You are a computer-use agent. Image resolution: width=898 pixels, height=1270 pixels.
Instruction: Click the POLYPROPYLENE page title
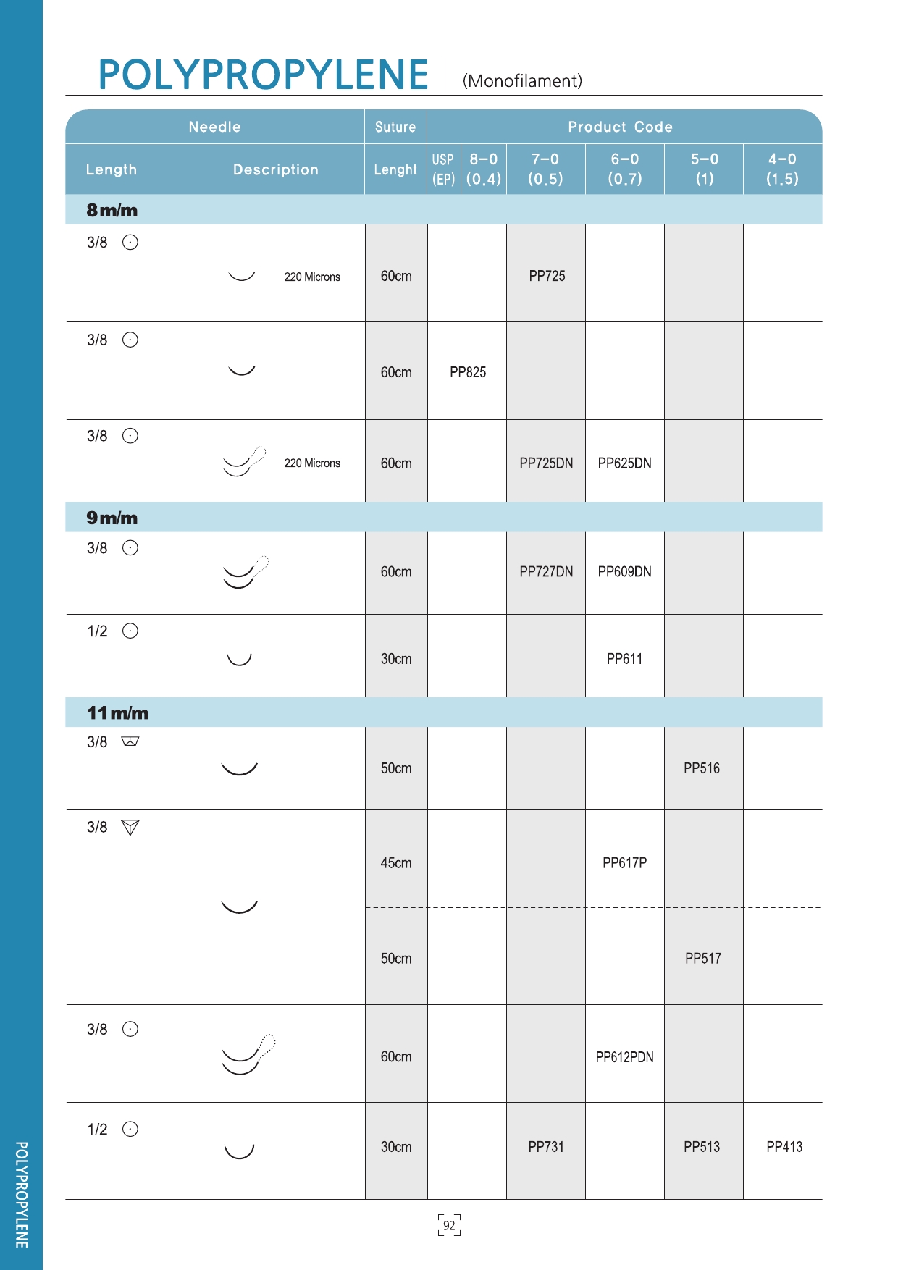coord(263,75)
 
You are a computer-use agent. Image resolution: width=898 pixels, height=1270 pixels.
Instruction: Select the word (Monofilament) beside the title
coord(522,81)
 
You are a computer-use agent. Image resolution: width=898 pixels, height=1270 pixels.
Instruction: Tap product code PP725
coord(547,276)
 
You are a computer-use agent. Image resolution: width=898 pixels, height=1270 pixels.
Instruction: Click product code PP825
coord(468,372)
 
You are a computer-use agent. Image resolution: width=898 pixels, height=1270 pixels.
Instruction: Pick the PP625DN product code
coord(624,463)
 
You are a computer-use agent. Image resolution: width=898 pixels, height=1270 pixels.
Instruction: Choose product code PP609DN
coord(624,572)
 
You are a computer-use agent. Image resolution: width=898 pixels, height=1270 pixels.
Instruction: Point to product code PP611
coord(624,659)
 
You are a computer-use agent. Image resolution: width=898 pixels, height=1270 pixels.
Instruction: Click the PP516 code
coord(702,768)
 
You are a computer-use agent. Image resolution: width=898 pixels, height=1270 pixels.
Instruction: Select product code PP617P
coord(624,863)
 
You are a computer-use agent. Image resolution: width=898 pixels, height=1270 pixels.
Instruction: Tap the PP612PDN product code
coord(624,1057)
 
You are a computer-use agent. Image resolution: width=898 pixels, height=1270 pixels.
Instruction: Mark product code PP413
coord(784,1147)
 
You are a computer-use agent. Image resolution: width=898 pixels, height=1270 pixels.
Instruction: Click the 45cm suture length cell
coord(396,863)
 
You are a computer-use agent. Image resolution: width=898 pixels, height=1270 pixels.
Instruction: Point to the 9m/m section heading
coord(112,518)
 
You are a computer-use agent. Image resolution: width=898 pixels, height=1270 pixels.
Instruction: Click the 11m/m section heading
coord(117,713)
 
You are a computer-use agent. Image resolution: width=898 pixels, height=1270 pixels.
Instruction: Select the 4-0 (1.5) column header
coord(782,169)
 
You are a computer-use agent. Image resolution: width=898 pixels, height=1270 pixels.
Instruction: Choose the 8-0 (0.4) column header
coord(483,169)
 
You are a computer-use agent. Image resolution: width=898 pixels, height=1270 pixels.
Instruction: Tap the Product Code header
coord(620,127)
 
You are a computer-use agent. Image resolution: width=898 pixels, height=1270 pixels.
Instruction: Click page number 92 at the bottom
coord(449,1225)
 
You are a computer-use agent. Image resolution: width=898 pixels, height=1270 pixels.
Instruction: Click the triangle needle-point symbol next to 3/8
coord(130,828)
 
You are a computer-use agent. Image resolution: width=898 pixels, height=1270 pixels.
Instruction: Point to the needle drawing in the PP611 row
coord(239,659)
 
